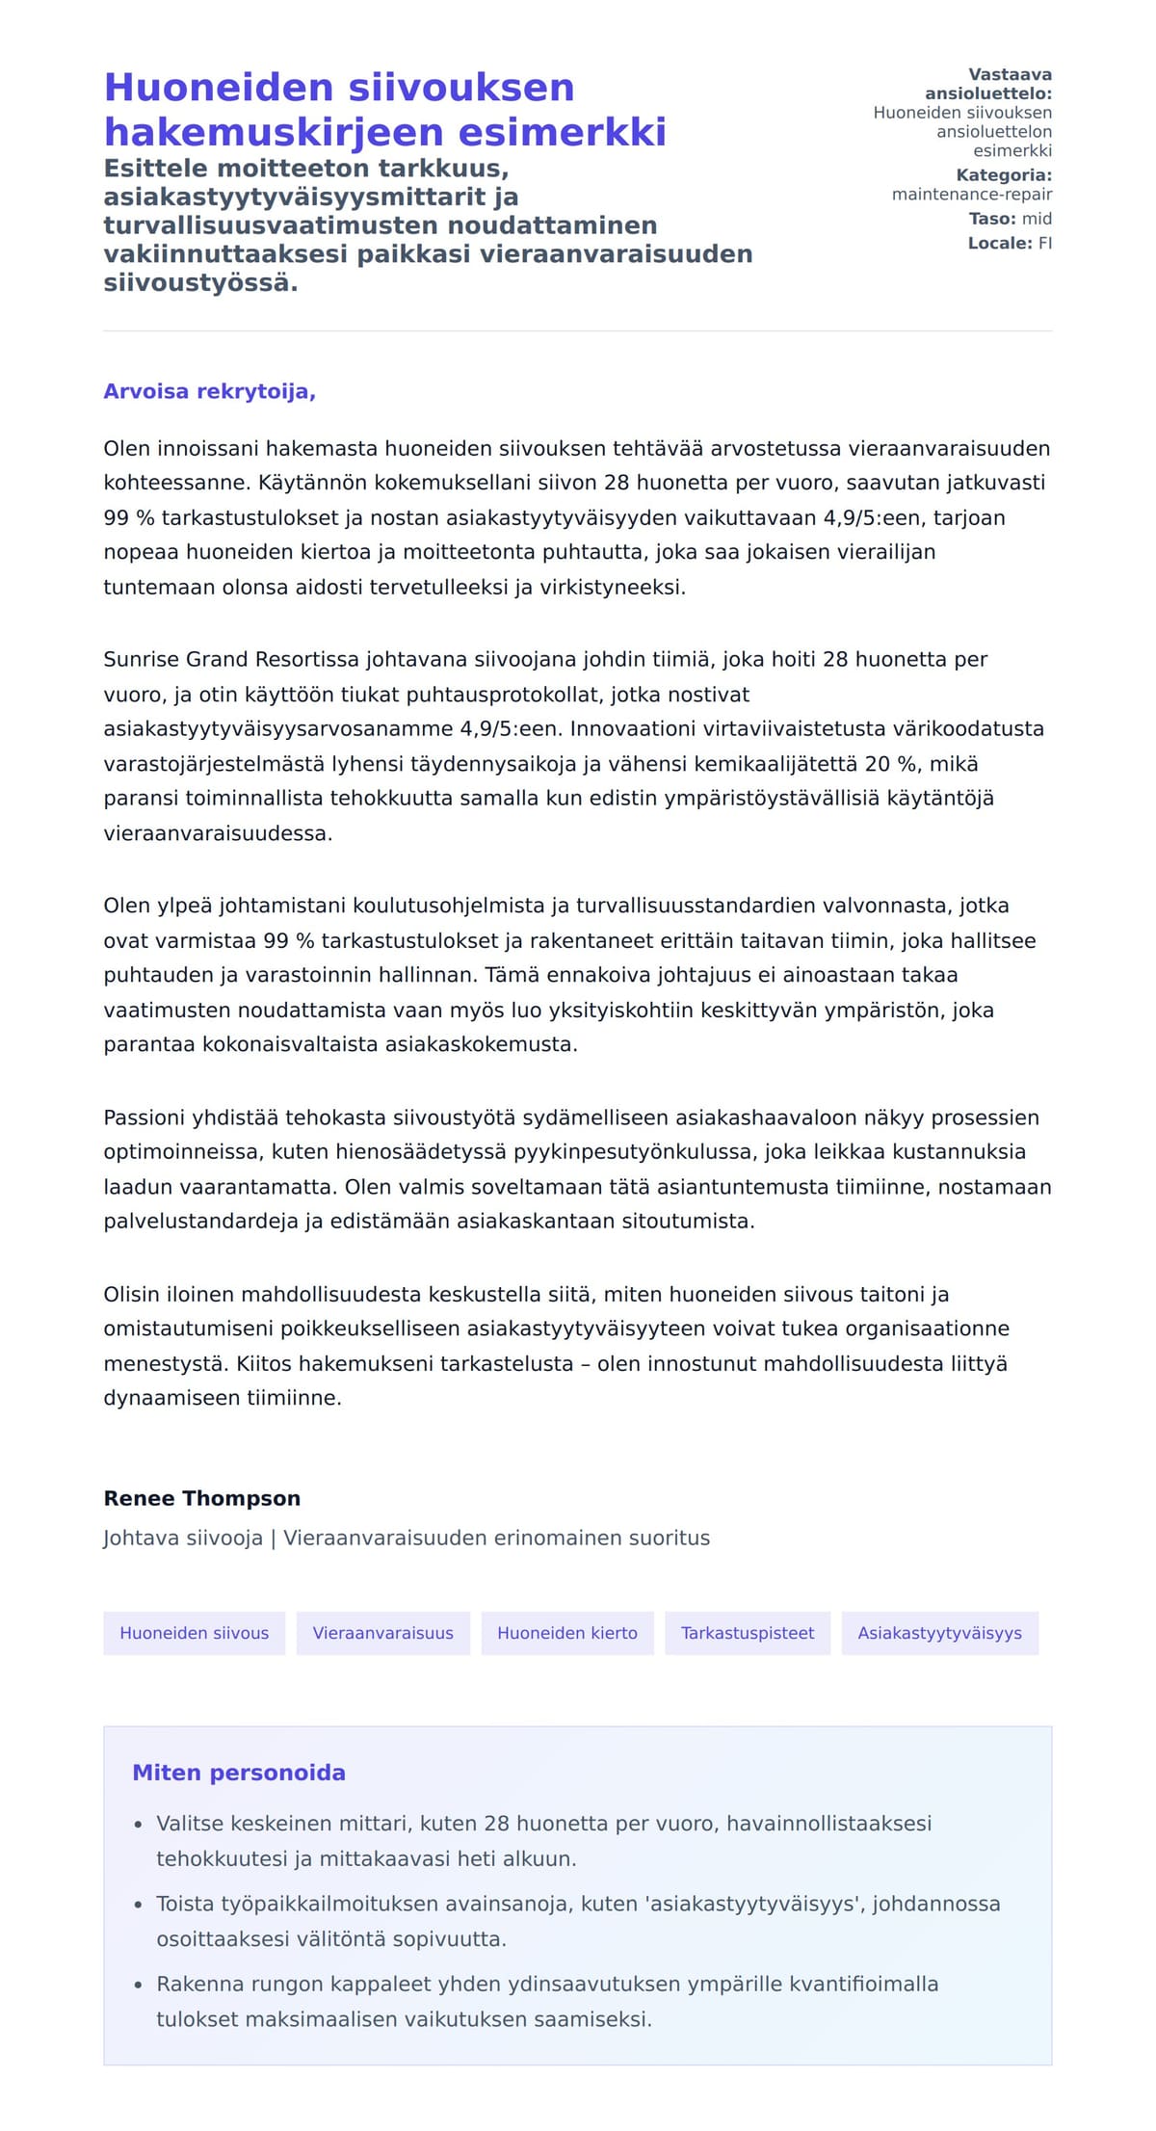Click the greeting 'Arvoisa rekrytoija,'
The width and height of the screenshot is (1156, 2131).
point(209,391)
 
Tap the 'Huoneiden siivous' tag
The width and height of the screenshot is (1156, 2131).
point(194,1633)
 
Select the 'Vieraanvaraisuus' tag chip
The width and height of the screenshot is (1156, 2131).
point(382,1633)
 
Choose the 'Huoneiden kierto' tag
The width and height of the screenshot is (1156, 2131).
point(566,1633)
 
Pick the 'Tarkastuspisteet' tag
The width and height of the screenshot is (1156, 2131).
point(747,1633)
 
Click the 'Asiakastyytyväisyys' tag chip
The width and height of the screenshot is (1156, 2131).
point(939,1633)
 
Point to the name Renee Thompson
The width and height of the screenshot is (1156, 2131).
point(202,1498)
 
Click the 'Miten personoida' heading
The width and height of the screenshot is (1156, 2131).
point(238,1773)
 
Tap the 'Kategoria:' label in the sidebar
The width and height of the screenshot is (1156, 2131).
point(1003,175)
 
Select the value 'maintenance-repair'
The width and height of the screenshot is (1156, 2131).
point(971,195)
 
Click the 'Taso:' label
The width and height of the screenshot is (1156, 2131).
point(992,219)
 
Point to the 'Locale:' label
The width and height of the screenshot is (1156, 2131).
point(1000,244)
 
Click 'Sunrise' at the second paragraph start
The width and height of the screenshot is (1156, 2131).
point(142,660)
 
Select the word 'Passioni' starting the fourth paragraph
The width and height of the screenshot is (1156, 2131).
point(143,1118)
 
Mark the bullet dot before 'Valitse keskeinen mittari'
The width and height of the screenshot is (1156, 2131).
point(139,1825)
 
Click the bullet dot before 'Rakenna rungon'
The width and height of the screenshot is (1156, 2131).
point(139,1985)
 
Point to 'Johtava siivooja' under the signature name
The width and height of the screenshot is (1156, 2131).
point(183,1538)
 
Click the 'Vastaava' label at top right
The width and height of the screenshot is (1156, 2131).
point(1010,75)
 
